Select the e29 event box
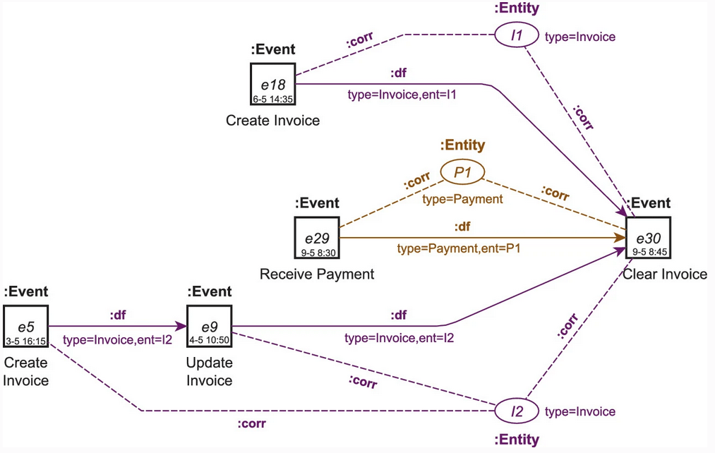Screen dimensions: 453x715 click(x=317, y=238)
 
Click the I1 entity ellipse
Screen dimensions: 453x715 click(x=516, y=36)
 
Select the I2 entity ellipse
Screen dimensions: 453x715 click(x=516, y=411)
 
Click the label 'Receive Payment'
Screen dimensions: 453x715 click(x=317, y=274)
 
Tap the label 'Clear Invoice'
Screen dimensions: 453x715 click(x=664, y=274)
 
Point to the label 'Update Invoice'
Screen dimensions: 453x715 click(x=209, y=372)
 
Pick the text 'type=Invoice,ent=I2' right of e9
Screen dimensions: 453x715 click(x=399, y=338)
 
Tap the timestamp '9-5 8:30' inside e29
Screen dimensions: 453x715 click(x=317, y=250)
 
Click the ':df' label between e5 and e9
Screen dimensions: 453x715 click(x=117, y=315)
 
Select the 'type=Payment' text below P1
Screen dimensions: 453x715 click(x=462, y=199)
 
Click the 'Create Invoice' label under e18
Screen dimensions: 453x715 click(x=272, y=121)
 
